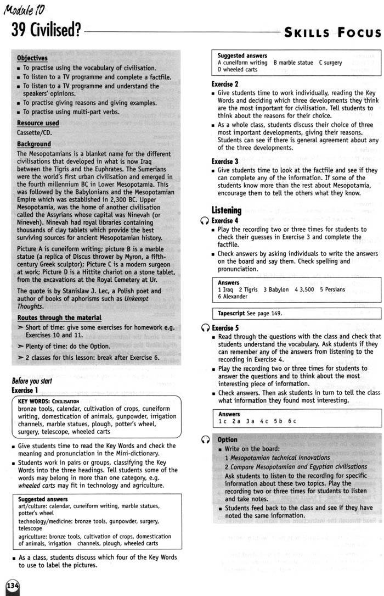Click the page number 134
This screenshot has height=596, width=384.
pyautogui.click(x=12, y=587)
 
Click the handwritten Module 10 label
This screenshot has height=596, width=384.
pyautogui.click(x=25, y=8)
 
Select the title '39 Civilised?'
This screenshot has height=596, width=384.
pyautogui.click(x=46, y=30)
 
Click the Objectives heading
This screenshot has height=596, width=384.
pyautogui.click(x=32, y=58)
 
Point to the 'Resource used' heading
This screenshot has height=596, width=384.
pyautogui.click(x=38, y=123)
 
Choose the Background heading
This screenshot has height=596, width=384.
pyautogui.click(x=33, y=144)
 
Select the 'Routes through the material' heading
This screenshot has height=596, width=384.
pyautogui.click(x=59, y=318)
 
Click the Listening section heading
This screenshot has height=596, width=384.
pyautogui.click(x=226, y=210)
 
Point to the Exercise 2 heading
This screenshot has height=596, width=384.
pyautogui.click(x=224, y=84)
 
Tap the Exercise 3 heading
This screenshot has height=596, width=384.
pyautogui.click(x=224, y=161)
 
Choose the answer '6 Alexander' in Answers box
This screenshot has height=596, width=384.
pyautogui.click(x=233, y=297)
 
